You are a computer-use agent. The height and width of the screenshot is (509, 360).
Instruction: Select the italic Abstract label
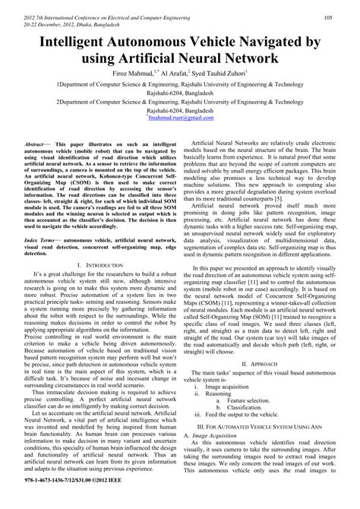pyautogui.click(x=36, y=143)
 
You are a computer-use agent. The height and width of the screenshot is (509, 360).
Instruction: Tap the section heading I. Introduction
pyautogui.click(x=103, y=264)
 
